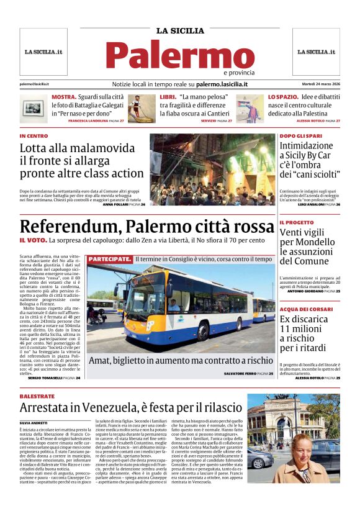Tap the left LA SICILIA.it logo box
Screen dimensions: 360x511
43,52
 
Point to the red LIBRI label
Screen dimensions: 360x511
168,97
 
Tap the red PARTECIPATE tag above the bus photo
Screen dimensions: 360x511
109,258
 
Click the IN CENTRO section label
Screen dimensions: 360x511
34,136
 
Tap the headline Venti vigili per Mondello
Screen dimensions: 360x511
308,246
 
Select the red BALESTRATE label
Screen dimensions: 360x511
37,396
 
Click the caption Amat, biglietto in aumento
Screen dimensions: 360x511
181,360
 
